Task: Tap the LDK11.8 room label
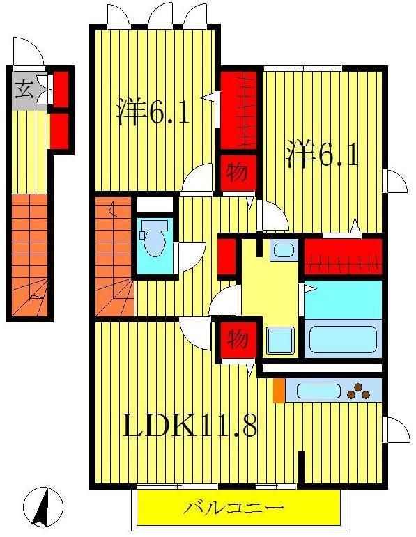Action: (190, 424)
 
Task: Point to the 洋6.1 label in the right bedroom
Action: (321, 155)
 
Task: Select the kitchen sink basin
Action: (318, 391)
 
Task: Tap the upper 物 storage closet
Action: (237, 173)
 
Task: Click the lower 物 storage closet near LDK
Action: (237, 341)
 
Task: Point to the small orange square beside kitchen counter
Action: (279, 391)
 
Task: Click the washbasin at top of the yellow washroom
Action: (284, 250)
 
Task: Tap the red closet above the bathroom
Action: (343, 256)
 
